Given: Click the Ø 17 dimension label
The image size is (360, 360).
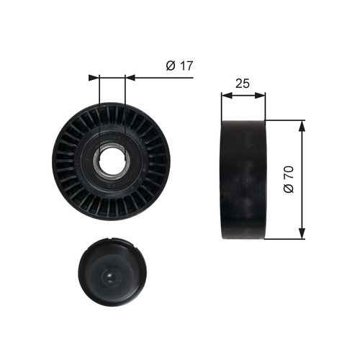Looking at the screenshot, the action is point(179,66).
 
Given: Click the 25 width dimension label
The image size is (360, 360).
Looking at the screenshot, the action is point(243,84).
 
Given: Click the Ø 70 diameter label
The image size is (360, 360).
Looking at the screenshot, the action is point(289,179).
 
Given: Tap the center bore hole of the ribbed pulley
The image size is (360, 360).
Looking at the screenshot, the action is point(112,161).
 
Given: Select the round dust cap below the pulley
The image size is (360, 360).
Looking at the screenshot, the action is point(112,272).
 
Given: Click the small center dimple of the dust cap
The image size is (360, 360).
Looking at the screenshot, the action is point(109,277).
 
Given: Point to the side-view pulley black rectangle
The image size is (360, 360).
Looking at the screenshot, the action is point(243,179).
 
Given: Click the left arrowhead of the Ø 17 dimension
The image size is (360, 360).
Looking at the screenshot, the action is point(94,78).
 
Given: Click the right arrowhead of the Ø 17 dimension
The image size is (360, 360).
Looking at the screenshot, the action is point(130,78).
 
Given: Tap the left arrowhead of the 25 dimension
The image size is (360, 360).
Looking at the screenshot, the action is point(227,95).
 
